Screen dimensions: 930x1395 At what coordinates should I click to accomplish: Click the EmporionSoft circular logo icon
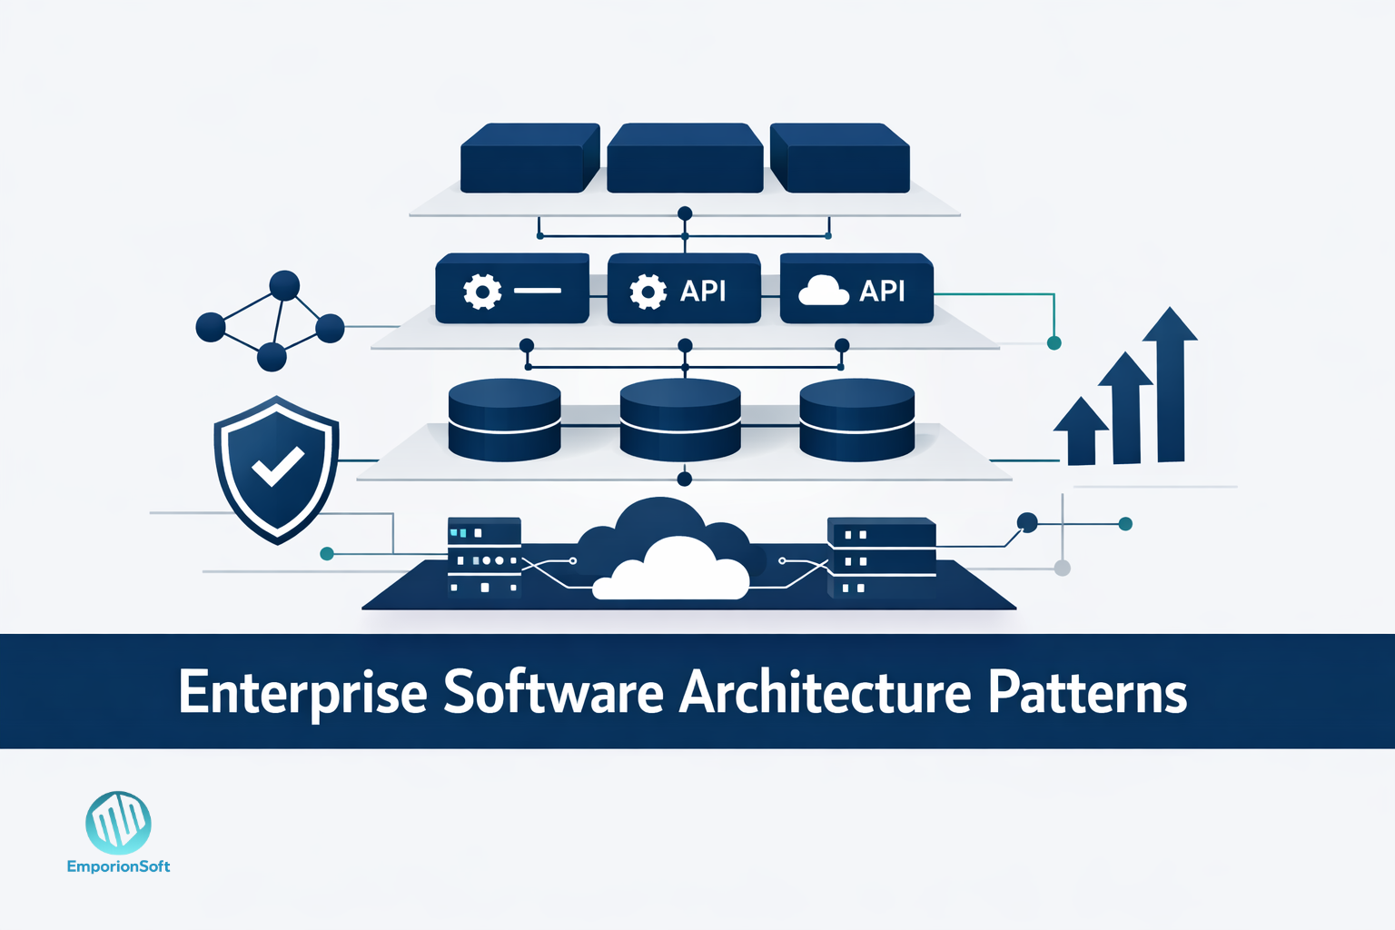pos(118,823)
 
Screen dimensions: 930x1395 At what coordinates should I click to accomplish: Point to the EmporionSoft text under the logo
pos(118,866)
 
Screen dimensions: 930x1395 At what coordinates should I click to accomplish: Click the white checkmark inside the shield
pos(278,467)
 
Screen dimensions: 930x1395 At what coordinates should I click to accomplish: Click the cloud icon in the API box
pos(823,290)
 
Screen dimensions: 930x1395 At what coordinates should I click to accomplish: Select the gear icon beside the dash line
pos(482,292)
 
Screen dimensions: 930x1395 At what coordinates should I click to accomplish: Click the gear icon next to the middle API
pos(648,292)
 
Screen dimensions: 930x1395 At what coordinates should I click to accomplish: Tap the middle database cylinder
pos(679,420)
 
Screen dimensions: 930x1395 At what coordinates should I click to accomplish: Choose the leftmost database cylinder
pos(505,420)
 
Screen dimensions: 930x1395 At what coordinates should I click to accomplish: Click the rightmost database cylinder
pos(856,420)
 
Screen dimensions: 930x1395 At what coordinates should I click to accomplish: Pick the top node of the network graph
pos(284,285)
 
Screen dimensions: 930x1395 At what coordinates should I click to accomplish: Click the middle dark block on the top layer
pos(684,159)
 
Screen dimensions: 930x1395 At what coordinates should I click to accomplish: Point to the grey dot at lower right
pos(1062,569)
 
